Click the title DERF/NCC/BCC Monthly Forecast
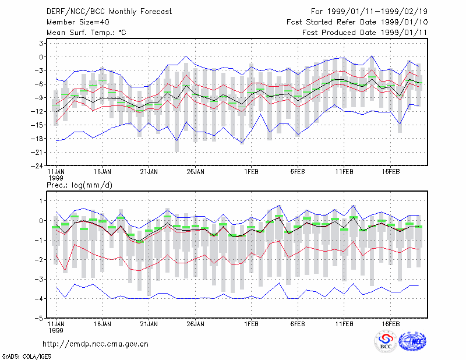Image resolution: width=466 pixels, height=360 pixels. (109, 12)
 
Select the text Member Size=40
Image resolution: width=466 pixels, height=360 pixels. (78, 22)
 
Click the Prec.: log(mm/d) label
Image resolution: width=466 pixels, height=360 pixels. (79, 185)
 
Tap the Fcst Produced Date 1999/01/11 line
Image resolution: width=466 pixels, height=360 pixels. (365, 33)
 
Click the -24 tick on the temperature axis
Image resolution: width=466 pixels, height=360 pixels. (37, 166)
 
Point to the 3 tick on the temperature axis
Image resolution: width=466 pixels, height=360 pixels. (41, 44)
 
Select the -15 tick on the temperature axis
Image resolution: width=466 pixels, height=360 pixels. (37, 125)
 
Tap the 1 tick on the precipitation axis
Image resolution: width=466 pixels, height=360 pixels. (41, 201)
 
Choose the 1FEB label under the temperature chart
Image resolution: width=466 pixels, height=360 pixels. (252, 171)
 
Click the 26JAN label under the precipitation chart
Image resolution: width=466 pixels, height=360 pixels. (196, 324)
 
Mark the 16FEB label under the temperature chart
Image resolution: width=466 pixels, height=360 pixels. (391, 171)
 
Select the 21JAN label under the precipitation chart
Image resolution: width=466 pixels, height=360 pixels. (149, 324)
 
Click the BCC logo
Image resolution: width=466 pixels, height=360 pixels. (386, 341)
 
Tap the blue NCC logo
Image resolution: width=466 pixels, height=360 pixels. (412, 341)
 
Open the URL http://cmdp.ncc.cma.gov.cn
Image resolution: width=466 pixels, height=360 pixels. (96, 344)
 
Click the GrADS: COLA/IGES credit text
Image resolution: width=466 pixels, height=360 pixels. (26, 357)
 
